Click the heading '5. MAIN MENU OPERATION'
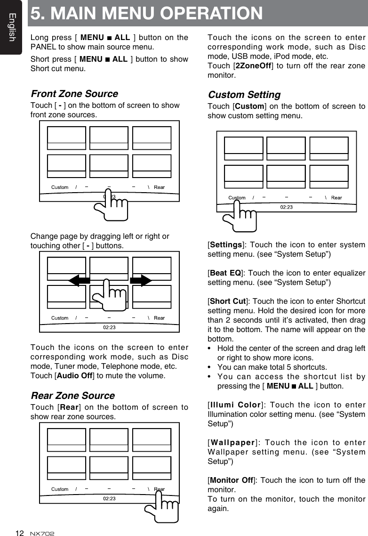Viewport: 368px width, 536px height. click(x=147, y=13)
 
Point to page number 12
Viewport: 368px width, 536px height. click(x=19, y=533)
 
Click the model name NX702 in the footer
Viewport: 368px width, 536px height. click(x=42, y=533)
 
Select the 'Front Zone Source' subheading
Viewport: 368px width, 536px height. click(x=74, y=94)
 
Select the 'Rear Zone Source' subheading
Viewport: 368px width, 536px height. click(x=72, y=396)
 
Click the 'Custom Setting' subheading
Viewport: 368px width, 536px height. click(x=244, y=95)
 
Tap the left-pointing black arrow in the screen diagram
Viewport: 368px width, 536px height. click(x=79, y=281)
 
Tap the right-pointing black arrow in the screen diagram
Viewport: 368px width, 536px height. click(x=141, y=281)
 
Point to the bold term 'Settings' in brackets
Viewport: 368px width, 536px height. click(x=226, y=245)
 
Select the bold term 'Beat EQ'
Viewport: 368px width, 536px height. click(x=225, y=273)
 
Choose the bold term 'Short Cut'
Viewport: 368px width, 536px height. click(x=227, y=301)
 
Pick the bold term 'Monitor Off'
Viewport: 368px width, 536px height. click(x=231, y=480)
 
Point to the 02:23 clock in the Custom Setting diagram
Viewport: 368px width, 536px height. click(x=286, y=207)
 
